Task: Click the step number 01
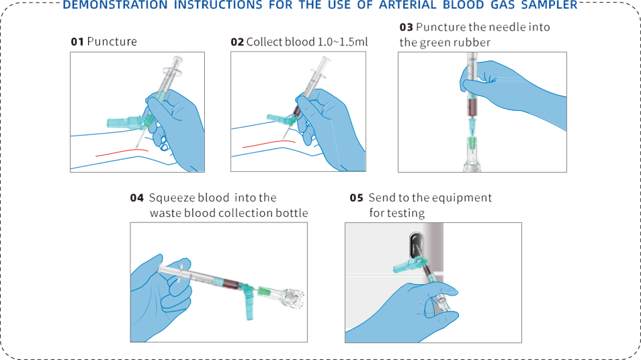(x=77, y=42)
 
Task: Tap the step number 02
(x=237, y=42)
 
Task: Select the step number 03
(x=407, y=28)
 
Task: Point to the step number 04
(x=137, y=197)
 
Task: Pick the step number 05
(x=357, y=197)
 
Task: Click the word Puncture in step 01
(x=112, y=42)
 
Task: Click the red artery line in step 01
(x=122, y=152)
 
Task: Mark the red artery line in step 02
(x=269, y=144)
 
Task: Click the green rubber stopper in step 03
(x=472, y=143)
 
